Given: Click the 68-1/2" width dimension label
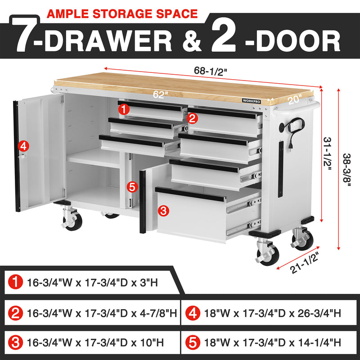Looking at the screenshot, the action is (x=210, y=71).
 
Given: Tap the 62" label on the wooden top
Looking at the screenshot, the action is (x=161, y=94).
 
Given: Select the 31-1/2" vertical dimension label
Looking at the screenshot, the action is (x=328, y=154).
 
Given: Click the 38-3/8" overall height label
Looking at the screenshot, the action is (x=346, y=167).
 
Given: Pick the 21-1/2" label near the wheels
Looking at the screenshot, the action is (x=305, y=262).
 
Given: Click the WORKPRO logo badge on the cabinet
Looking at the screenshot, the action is (x=252, y=101).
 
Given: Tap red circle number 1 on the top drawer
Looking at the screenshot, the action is (x=124, y=109).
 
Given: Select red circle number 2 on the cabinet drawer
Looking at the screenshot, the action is (x=192, y=118).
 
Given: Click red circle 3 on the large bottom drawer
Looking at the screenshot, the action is (x=163, y=211).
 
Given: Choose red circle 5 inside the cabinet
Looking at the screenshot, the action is (x=132, y=187).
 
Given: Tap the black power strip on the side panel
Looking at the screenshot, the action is (x=280, y=169).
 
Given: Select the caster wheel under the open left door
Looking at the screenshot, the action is (x=72, y=220).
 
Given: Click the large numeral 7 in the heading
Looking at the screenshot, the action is (x=23, y=36).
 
